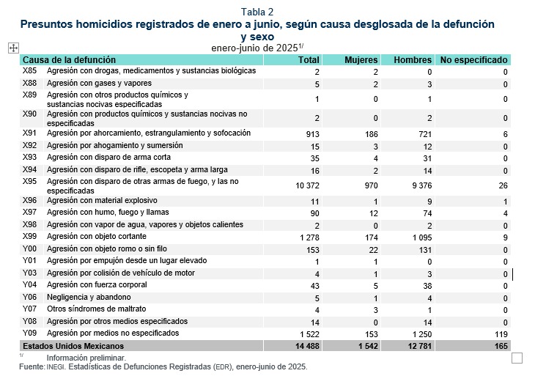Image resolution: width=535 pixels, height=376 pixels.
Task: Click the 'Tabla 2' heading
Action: (257, 12)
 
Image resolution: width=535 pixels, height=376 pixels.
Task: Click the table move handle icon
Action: (12, 47)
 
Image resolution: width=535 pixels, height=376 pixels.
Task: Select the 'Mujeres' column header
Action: (361, 59)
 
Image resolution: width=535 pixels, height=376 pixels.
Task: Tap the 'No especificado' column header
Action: (473, 59)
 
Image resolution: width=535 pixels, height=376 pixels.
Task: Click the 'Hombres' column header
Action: (413, 59)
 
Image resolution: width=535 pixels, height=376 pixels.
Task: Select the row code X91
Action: (30, 133)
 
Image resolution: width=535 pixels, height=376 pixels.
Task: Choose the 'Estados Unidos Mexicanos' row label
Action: (73, 345)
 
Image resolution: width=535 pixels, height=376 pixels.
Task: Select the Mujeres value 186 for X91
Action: (370, 134)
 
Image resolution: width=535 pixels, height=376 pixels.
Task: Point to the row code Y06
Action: (30, 297)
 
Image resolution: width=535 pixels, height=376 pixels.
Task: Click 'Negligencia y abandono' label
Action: (89, 297)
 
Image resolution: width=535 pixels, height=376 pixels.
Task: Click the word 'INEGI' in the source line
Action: (56, 366)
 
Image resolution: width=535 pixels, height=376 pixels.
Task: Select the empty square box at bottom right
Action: (517, 358)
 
